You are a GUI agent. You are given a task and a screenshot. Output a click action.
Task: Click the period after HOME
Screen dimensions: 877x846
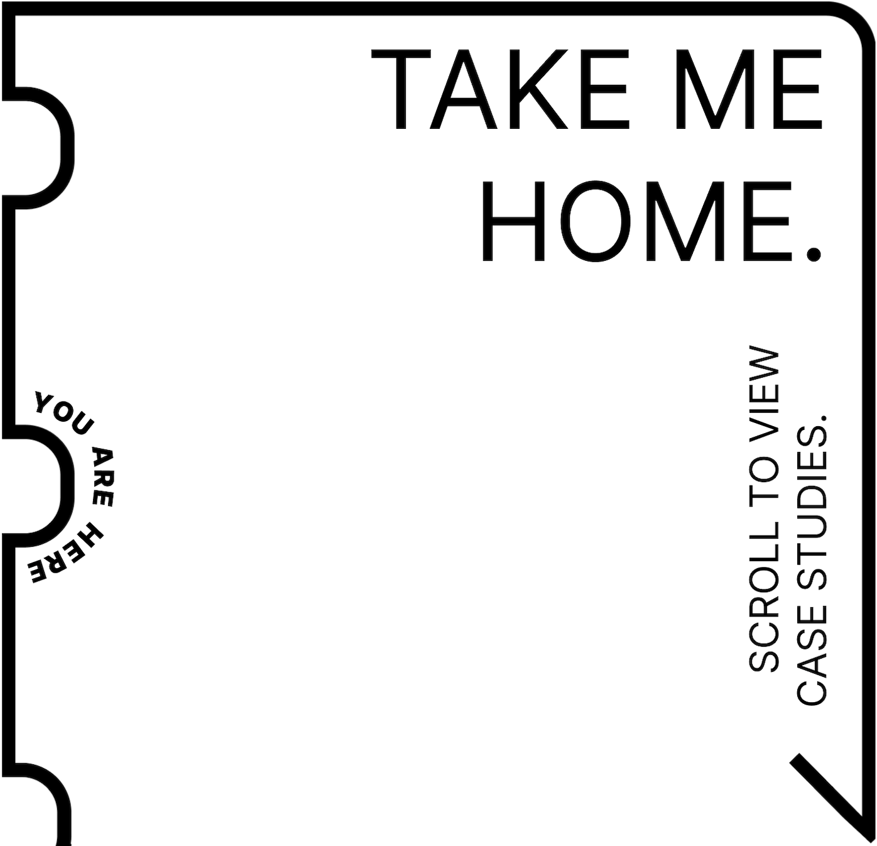[814, 253]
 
